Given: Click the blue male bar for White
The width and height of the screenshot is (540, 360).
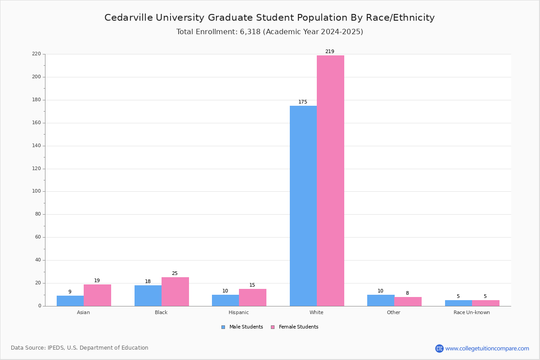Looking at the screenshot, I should click(303, 206).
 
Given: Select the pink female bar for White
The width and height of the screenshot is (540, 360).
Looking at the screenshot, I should click(330, 180).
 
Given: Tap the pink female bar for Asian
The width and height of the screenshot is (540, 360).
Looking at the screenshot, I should click(97, 295).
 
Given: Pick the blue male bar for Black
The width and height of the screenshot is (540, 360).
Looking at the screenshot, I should click(148, 296).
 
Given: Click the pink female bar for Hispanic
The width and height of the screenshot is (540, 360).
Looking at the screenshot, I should click(252, 297).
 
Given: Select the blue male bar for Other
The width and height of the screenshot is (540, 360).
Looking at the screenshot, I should click(381, 300).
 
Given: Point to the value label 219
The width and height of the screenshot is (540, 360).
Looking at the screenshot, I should click(330, 52).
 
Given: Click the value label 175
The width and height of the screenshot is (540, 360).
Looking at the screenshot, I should click(303, 102).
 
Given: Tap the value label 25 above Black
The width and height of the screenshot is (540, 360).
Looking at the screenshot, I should click(175, 274).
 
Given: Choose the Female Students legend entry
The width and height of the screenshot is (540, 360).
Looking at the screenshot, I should click(298, 327).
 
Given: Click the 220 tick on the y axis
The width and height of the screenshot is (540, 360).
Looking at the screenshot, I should click(36, 54).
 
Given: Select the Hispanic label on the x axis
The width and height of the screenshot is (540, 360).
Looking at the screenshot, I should click(238, 312).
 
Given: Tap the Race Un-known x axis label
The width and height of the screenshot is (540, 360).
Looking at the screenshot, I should click(472, 312).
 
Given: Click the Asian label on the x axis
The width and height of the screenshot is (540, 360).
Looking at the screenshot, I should click(83, 312).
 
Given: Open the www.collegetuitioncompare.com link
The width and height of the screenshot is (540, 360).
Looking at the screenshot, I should click(487, 348).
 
